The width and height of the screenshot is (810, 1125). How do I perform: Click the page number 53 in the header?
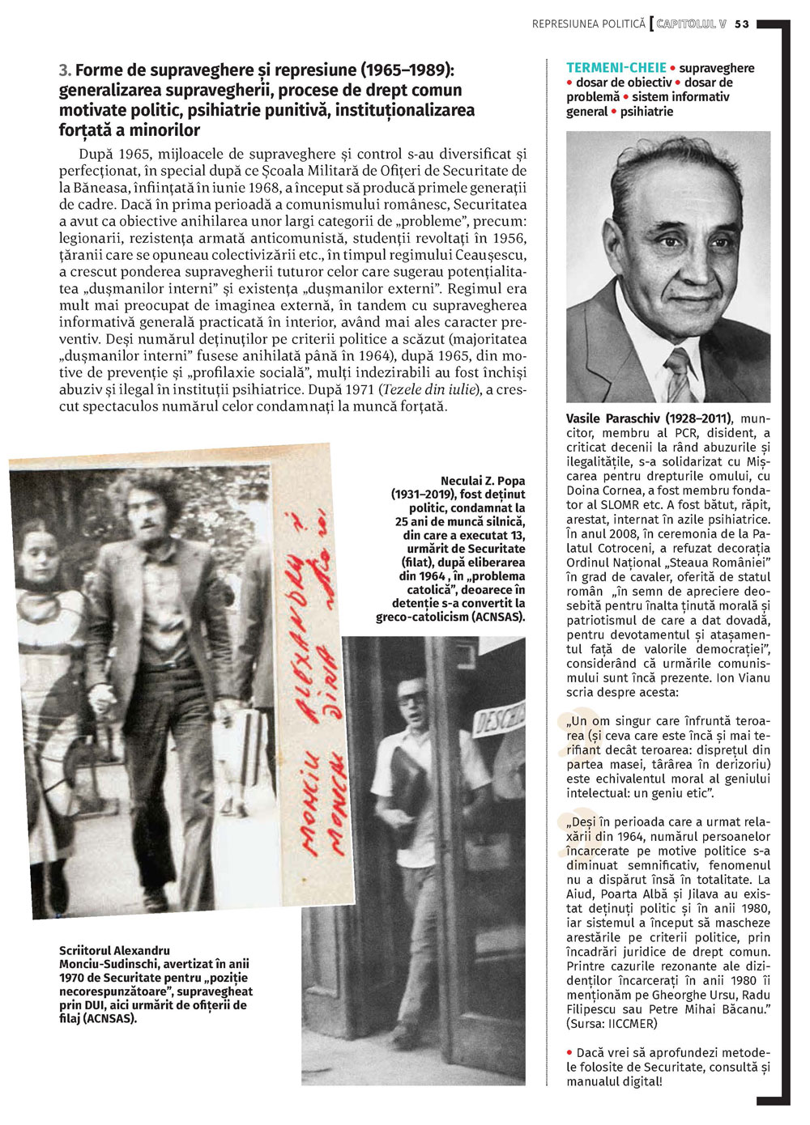742,24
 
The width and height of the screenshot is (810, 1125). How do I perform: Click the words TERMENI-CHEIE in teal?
616,68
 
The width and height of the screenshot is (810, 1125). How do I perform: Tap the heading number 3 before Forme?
64,70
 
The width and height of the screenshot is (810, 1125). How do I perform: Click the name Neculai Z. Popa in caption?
482,481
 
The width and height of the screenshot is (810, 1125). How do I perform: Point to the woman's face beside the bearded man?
34,558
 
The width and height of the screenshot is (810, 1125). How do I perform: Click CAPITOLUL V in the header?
691,24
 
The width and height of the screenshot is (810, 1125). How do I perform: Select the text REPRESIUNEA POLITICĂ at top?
588,24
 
